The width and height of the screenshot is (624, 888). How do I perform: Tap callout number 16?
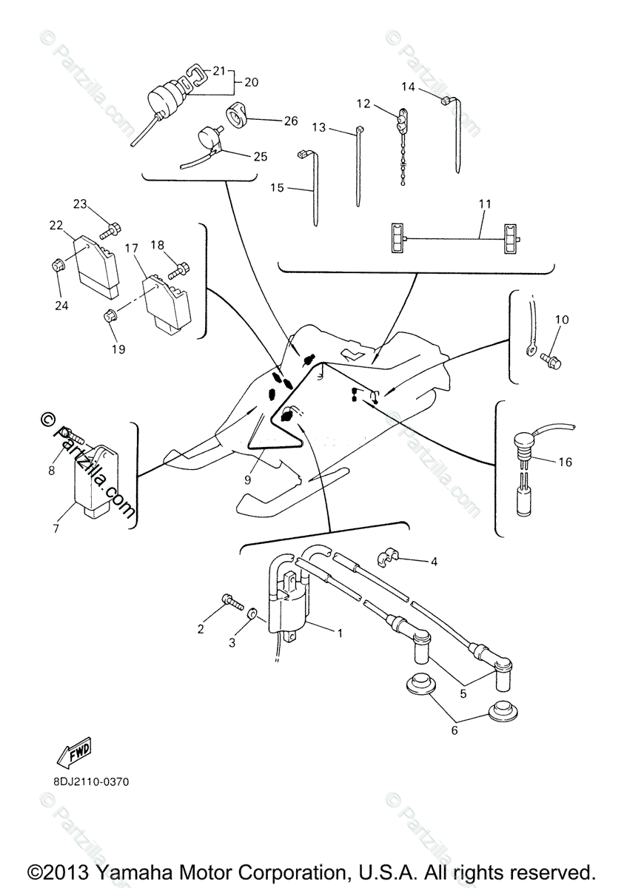point(565,462)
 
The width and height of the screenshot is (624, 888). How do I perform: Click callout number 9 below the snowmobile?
point(247,480)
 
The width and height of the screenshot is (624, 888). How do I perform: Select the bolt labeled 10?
point(553,359)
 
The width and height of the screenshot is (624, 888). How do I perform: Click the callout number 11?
point(485,204)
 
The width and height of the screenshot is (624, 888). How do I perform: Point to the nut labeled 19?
point(110,317)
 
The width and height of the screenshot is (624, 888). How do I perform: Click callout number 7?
point(56,528)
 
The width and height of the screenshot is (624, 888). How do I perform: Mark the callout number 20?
point(251,82)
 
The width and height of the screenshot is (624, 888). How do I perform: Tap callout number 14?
point(409,87)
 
